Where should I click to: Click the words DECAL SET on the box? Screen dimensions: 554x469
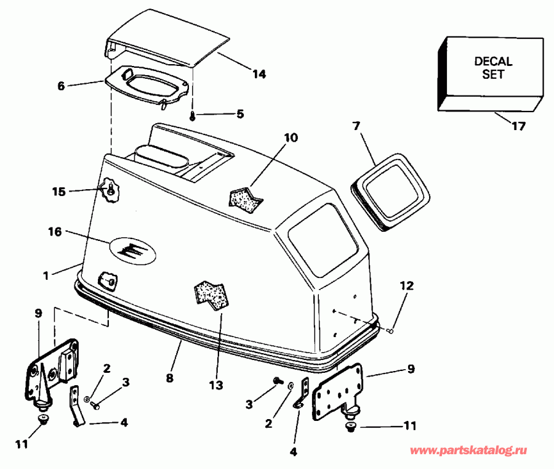(x=493, y=68)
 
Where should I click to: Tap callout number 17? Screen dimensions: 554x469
(x=519, y=126)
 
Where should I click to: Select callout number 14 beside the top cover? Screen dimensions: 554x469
(x=259, y=74)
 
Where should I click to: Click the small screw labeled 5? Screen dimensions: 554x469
(x=193, y=116)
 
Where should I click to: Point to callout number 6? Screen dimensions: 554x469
(x=61, y=86)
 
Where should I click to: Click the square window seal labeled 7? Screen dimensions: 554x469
(x=390, y=192)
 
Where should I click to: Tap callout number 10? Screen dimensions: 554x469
(x=291, y=137)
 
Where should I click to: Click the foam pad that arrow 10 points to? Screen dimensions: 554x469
(x=246, y=200)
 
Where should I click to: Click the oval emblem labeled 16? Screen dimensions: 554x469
(x=133, y=249)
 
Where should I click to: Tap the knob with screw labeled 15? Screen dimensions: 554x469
(x=110, y=191)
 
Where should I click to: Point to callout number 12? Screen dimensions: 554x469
(x=406, y=285)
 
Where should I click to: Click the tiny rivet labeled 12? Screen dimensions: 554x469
(x=390, y=331)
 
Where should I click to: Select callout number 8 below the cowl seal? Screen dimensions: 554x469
(x=170, y=378)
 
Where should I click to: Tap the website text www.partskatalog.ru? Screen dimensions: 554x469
(x=468, y=451)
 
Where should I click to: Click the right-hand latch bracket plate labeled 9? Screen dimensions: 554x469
(x=337, y=392)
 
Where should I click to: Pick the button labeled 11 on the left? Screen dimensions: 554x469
(x=43, y=419)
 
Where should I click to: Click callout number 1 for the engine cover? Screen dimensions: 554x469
(x=46, y=275)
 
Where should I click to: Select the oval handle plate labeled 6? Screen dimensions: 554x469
(x=147, y=86)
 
